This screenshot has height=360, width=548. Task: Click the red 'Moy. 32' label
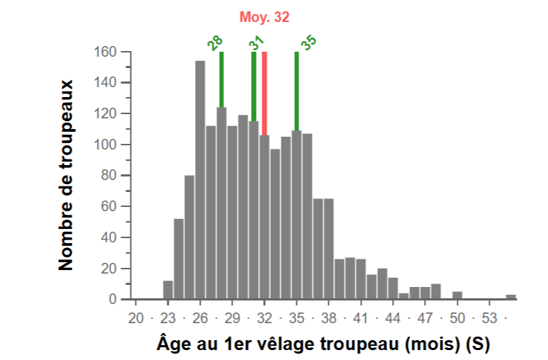click(264, 18)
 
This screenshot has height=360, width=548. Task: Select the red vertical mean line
click(264, 92)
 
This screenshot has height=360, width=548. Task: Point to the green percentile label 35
click(308, 43)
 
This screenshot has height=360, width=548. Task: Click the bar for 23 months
click(168, 290)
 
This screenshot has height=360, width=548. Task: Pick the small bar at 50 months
click(457, 295)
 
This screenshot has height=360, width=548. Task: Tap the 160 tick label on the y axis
click(104, 52)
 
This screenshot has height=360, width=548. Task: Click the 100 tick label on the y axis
click(104, 145)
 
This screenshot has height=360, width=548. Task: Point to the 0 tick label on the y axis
click(112, 300)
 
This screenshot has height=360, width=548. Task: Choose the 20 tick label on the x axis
click(135, 317)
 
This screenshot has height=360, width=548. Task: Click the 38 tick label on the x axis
click(328, 317)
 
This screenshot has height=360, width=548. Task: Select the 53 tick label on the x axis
click(489, 317)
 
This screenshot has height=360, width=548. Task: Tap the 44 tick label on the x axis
click(393, 317)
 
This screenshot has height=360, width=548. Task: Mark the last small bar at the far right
click(511, 296)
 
